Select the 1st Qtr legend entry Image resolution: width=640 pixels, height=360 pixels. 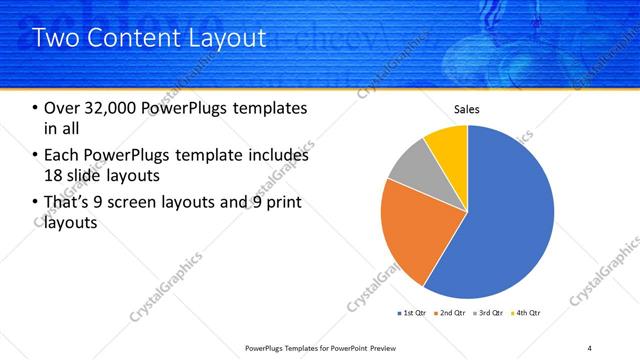[x=413, y=313]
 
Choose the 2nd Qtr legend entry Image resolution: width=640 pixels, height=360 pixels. [x=451, y=313]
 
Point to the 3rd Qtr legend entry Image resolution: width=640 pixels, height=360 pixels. [x=489, y=313]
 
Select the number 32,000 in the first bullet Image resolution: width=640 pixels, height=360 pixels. [x=108, y=109]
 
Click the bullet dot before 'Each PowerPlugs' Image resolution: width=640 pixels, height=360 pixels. [x=36, y=155]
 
